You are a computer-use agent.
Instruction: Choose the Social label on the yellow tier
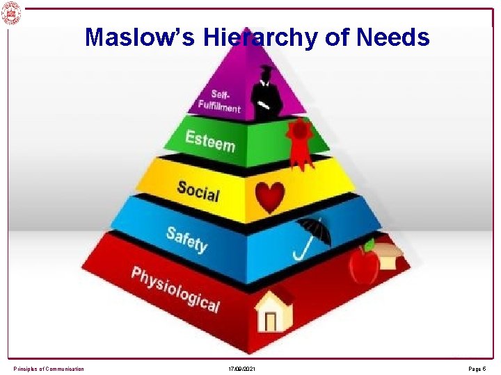[x=198, y=190]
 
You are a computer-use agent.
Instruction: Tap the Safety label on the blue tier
[x=186, y=238]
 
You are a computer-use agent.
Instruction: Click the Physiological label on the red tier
[x=175, y=289]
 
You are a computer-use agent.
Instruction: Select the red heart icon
[x=269, y=197]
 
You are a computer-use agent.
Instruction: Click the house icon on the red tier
[x=273, y=310]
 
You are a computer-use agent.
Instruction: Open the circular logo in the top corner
[x=11, y=12]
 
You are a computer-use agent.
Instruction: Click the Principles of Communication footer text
[x=49, y=368]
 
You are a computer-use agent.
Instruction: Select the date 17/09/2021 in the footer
[x=241, y=368]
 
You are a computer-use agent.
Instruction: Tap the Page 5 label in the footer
[x=477, y=368]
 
